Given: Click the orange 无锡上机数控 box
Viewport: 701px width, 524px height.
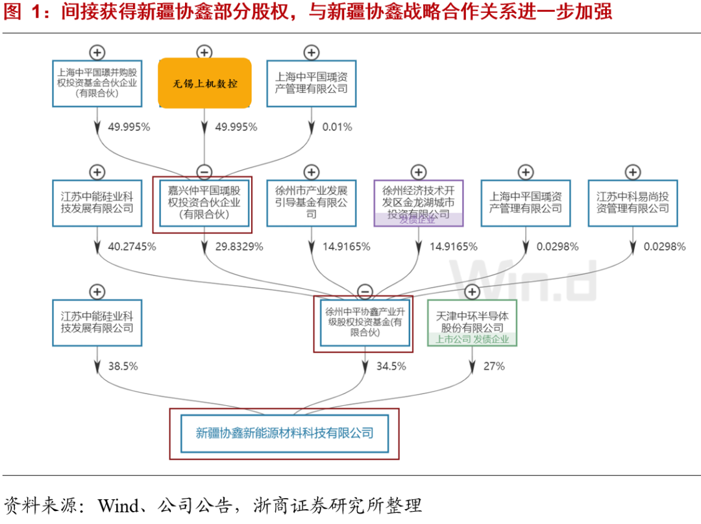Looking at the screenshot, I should point(204,83).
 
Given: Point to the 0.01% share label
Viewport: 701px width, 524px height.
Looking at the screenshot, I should point(337,127).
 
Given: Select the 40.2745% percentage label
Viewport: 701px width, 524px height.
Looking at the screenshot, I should point(132,247).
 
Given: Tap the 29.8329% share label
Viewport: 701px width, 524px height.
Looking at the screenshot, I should point(239,247).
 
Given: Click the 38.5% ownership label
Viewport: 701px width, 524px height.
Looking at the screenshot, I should point(123,366).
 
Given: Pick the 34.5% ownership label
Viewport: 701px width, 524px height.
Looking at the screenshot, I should point(391,366).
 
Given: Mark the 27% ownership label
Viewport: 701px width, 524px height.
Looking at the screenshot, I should point(493,366).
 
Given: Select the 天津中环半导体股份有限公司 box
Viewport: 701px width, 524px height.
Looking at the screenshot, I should point(472,323).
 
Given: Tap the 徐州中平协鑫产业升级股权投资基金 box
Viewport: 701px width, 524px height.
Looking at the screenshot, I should point(365,323).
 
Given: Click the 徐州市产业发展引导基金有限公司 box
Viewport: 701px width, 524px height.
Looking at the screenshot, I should point(312,203).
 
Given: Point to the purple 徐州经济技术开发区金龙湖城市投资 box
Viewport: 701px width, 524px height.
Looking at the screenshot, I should point(419,203).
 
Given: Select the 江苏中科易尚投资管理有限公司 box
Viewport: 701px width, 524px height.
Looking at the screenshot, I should point(633,203).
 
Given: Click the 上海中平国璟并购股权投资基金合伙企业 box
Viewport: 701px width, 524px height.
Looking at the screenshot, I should point(97,83).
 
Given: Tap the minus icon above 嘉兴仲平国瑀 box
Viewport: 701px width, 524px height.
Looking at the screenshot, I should point(204,172).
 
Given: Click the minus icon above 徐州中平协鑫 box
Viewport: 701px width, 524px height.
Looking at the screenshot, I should point(365,292).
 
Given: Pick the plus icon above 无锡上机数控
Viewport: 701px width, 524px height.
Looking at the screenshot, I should point(204,53).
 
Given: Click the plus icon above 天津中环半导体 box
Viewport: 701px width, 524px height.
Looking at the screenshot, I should point(472,292).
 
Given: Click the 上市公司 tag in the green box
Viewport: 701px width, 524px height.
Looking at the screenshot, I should point(452,339).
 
